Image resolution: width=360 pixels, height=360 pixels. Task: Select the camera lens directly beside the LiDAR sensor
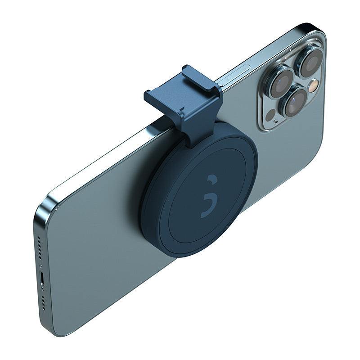tap(294, 102)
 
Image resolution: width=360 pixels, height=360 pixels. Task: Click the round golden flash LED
tap(313, 85)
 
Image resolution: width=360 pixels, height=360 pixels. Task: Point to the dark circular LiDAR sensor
tap(270, 115)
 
